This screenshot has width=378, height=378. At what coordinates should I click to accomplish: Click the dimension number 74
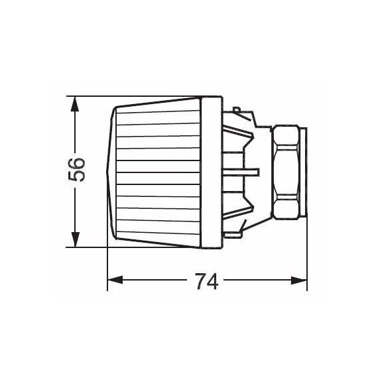(206, 281)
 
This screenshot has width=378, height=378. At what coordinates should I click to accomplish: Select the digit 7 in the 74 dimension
(199, 281)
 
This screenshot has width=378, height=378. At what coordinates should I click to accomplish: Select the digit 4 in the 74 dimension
(214, 281)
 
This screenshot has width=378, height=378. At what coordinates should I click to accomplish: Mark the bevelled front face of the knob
(110, 171)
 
